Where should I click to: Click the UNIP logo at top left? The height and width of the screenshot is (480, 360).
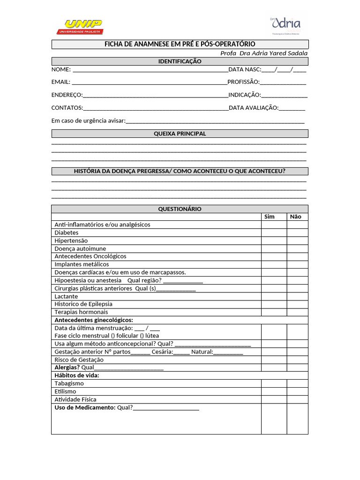click(x=80, y=27)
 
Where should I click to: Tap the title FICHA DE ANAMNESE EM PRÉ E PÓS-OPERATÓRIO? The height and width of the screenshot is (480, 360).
click(x=180, y=44)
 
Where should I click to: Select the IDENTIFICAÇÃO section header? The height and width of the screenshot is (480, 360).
click(x=180, y=61)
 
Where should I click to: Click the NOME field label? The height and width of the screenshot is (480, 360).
click(x=61, y=69)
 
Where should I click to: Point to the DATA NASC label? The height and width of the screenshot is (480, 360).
click(x=244, y=69)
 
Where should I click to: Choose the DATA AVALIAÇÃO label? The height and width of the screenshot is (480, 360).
click(x=253, y=107)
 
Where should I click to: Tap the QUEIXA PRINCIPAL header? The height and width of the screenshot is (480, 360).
click(x=180, y=134)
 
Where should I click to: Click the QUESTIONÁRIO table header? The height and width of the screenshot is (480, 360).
click(x=180, y=209)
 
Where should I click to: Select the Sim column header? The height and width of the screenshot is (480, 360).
click(x=270, y=217)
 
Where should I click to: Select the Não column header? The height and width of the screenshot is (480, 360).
click(x=296, y=217)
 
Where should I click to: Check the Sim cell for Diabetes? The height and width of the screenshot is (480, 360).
click(x=274, y=232)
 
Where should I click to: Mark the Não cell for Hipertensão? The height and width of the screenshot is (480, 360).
click(x=297, y=240)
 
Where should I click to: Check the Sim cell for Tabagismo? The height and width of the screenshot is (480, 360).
click(x=274, y=383)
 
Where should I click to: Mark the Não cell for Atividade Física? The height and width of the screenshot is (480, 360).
click(x=297, y=399)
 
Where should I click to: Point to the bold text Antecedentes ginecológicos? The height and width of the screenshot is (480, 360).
click(x=94, y=320)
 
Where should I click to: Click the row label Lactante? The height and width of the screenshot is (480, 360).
click(x=66, y=296)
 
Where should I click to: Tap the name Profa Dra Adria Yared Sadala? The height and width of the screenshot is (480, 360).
click(x=264, y=53)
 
